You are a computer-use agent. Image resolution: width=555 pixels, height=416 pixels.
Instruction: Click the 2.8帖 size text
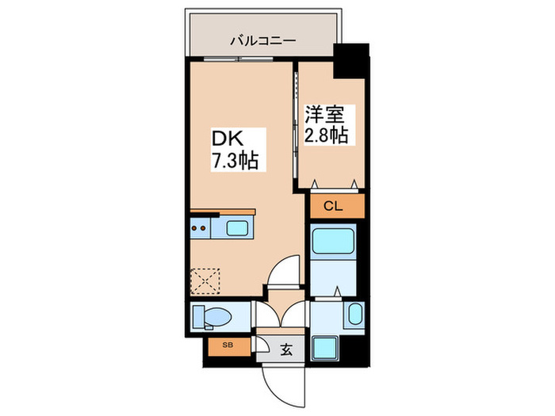coord(326,135)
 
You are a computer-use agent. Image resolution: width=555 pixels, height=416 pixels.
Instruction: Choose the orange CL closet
coord(333,207)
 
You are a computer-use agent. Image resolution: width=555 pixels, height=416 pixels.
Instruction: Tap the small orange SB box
coord(227,345)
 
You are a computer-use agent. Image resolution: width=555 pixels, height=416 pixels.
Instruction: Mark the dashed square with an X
coord(207,280)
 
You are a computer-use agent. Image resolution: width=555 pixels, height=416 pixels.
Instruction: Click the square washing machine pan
coord(324,346)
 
